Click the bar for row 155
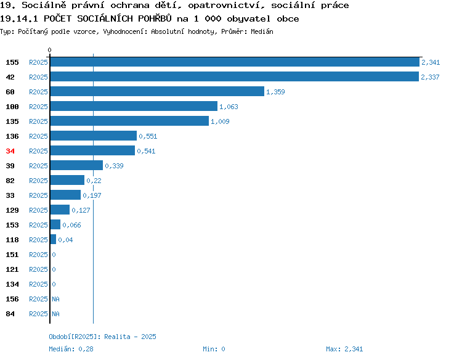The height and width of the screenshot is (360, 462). click(235, 62)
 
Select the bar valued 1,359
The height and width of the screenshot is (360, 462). click(157, 91)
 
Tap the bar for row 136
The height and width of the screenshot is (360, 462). click(94, 136)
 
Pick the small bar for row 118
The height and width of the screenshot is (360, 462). click(53, 239)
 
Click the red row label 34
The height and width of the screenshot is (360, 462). click(10, 151)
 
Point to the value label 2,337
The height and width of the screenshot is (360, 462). click(430, 77)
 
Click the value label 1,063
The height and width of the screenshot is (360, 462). click(229, 107)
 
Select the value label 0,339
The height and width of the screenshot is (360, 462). click(114, 166)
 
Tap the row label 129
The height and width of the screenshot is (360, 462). click(12, 210)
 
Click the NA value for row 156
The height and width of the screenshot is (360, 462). click(55, 299)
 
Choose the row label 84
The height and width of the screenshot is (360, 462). click(10, 314)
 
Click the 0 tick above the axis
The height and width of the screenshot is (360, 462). click(49, 50)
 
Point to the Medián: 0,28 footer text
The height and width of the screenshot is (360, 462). click(71, 349)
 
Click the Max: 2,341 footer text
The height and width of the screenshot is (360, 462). click(344, 349)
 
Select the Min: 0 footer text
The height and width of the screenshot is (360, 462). click(214, 349)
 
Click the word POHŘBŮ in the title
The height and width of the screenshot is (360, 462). click(155, 18)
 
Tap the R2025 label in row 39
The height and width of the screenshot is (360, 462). click(38, 166)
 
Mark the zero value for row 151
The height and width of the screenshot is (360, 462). click(54, 255)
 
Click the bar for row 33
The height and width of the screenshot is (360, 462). click(65, 195)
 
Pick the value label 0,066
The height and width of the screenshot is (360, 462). click(71, 225)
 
